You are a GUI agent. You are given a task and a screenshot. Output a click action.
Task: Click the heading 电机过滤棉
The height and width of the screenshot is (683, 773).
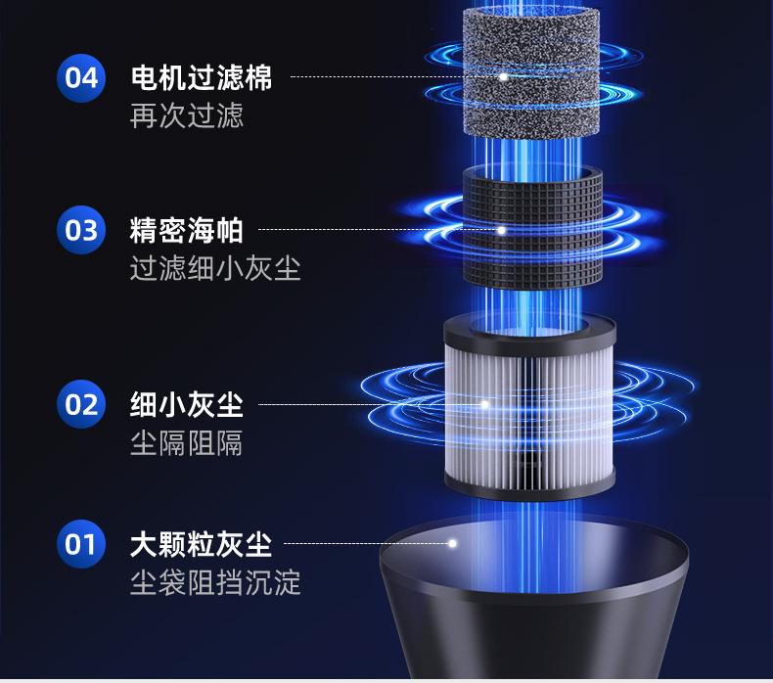point(201,77)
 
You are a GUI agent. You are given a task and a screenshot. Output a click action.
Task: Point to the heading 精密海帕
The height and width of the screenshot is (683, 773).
point(186,231)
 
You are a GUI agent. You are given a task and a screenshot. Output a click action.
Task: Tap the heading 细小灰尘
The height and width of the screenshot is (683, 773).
point(186,403)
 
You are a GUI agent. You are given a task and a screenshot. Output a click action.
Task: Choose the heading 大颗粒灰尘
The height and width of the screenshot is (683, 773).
point(201,543)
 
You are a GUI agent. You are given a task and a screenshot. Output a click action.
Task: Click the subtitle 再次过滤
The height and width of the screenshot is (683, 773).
point(186,115)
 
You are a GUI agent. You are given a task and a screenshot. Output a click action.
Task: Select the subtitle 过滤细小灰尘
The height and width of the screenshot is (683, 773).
point(215,268)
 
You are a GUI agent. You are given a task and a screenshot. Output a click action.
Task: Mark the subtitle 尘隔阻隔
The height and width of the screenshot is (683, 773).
point(186,442)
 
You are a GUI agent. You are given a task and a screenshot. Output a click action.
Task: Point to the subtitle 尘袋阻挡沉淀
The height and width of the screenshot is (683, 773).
point(215,583)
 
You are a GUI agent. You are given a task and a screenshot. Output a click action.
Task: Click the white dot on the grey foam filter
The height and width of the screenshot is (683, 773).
point(503,76)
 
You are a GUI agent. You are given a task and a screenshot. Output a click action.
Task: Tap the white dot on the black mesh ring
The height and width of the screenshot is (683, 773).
point(502,231)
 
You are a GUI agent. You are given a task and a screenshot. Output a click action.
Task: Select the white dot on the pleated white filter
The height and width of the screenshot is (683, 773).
point(484,403)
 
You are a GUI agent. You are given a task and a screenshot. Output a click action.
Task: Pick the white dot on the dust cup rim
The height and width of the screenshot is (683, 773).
point(453,543)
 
